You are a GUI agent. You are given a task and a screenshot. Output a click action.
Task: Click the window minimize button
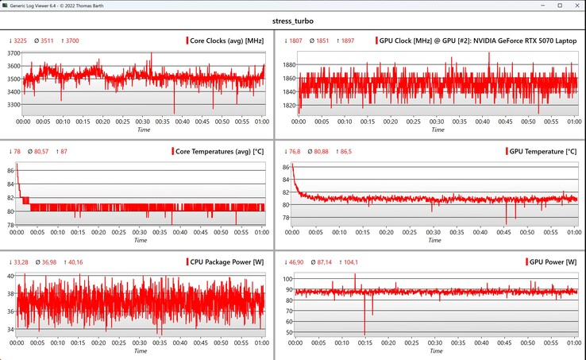coord(517,6)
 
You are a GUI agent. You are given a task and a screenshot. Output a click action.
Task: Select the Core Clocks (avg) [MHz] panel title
coord(226,41)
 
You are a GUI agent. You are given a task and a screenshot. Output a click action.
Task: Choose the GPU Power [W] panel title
coord(551,262)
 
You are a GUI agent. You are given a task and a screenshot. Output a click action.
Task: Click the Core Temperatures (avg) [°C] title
coord(218,151)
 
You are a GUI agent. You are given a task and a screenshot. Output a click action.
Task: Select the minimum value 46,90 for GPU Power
coord(295,262)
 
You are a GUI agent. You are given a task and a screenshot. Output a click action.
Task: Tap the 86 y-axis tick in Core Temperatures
coord(11,171)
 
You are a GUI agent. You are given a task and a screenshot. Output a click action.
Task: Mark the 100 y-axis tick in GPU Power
coord(287,279)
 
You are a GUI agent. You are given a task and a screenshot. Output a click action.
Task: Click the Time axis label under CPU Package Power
coord(140,350)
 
